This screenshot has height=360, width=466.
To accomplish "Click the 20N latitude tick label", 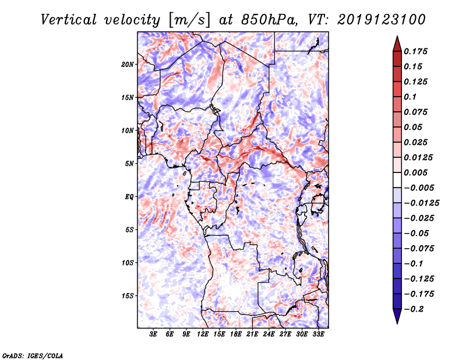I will (128, 64).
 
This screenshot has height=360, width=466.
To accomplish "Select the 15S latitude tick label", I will (128, 296).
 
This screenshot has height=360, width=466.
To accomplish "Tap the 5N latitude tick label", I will (129, 164).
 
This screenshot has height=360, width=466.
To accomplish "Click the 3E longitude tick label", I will (154, 334).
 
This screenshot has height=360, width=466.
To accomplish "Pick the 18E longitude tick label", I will (236, 334).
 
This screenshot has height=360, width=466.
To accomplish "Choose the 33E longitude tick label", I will (318, 334).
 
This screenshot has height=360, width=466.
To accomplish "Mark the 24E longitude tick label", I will (269, 334).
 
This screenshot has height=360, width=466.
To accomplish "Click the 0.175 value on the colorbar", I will (417, 51).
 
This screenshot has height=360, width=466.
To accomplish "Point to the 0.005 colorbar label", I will (417, 173).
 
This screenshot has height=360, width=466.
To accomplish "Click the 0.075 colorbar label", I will (417, 112).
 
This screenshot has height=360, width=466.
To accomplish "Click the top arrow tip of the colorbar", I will (397, 38).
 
